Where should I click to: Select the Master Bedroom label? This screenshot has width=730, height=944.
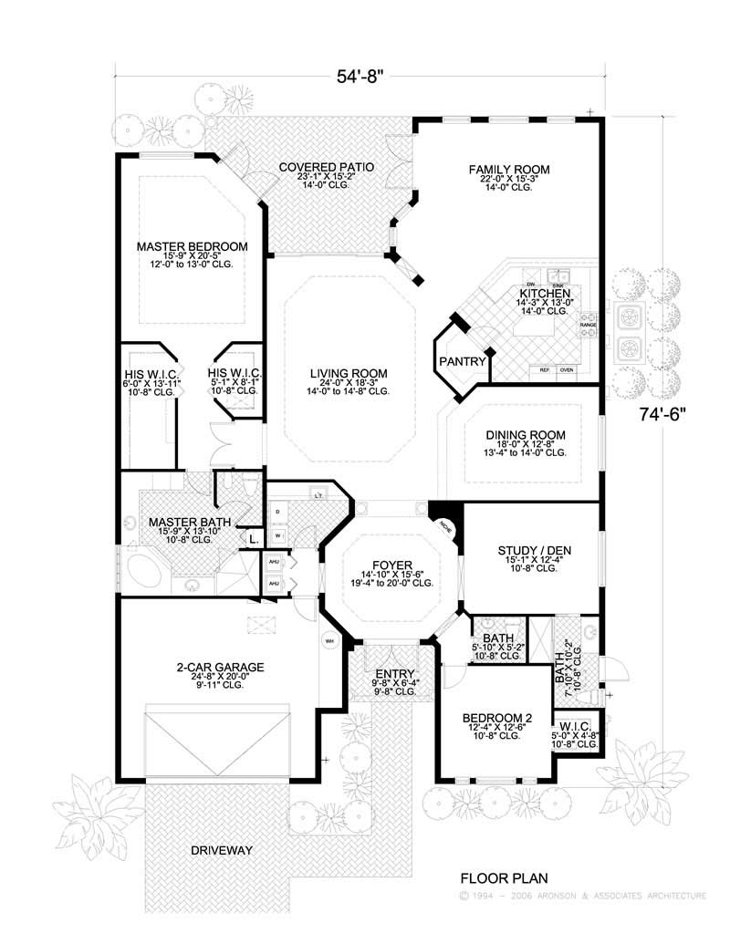click(193, 246)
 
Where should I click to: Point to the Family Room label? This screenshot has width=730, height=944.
click(509, 170)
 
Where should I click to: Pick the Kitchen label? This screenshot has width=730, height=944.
click(545, 293)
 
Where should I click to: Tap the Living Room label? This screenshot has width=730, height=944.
click(348, 373)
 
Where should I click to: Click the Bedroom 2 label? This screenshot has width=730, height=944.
click(496, 717)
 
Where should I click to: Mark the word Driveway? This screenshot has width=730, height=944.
click(222, 850)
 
